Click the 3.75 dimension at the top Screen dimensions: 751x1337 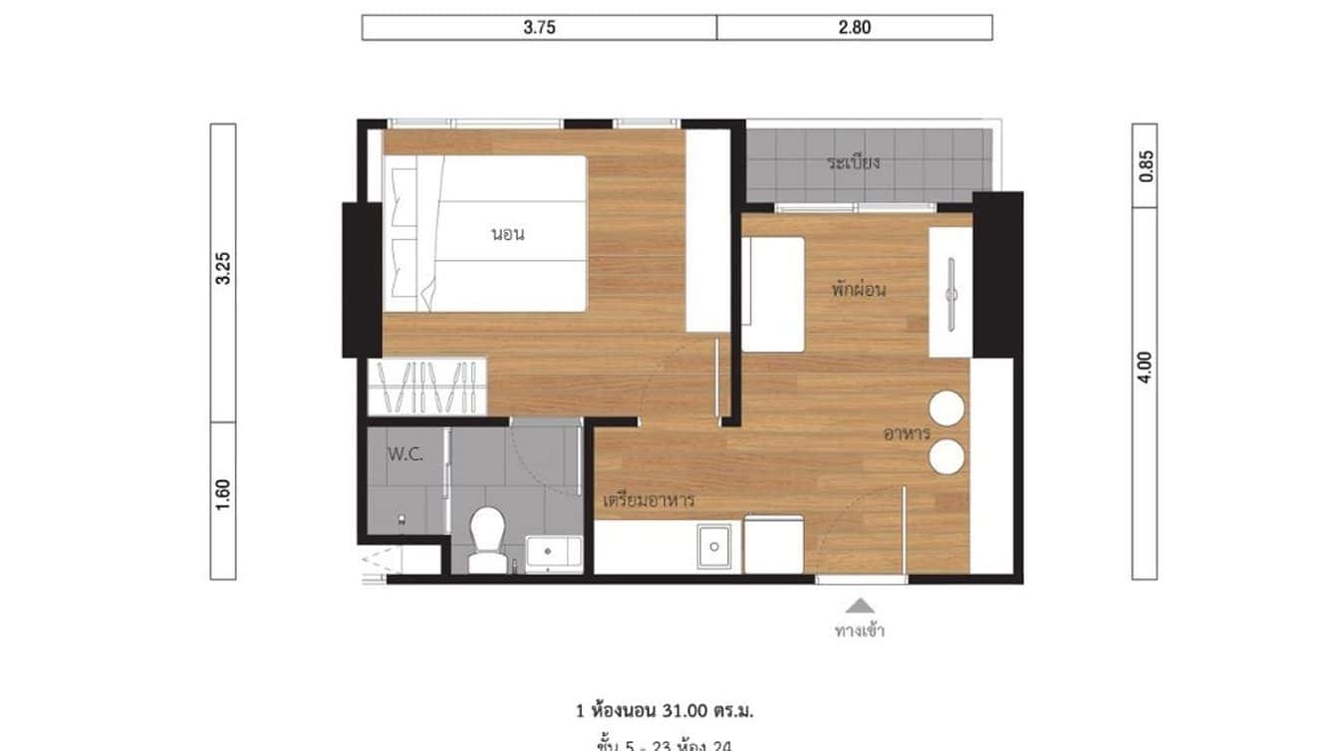(539, 28)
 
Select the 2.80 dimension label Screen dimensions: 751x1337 (854, 28)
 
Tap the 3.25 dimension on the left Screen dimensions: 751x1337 (223, 269)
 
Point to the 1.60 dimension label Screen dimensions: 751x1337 (223, 495)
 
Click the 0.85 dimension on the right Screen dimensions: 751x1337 (1145, 165)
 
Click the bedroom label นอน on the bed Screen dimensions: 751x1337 (507, 235)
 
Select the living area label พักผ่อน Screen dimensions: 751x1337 (859, 290)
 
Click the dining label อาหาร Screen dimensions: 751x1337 (906, 433)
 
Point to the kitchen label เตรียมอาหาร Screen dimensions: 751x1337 (649, 499)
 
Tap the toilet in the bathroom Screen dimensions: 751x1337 (487, 538)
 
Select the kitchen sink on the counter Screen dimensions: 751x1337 (713, 546)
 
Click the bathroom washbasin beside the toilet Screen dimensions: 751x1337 (553, 553)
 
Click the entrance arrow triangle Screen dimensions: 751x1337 (860, 605)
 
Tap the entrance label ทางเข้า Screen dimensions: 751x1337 (860, 629)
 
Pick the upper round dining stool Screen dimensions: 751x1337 (946, 408)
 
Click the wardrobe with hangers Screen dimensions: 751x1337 (427, 386)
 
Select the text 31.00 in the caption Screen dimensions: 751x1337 (679, 711)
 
